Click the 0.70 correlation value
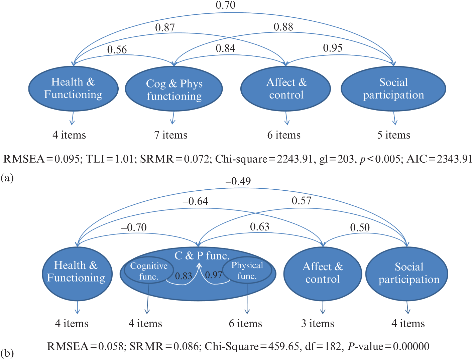tap(226, 5)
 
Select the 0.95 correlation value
tap(333, 48)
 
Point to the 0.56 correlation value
tap(117, 50)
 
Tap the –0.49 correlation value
tap(238, 181)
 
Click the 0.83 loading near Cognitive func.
tap(184, 276)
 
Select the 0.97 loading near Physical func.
tap(214, 275)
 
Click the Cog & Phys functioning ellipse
tap(174, 89)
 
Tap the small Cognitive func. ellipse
tap(149, 271)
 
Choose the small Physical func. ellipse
tap(247, 271)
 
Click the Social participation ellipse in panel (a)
tap(393, 88)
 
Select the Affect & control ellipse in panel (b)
tap(323, 273)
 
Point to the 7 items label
tap(171, 135)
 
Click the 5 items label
tap(394, 135)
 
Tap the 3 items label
tap(318, 324)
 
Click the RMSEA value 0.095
tap(67, 159)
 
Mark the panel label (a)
tap(7, 178)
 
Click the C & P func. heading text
tap(202, 256)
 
